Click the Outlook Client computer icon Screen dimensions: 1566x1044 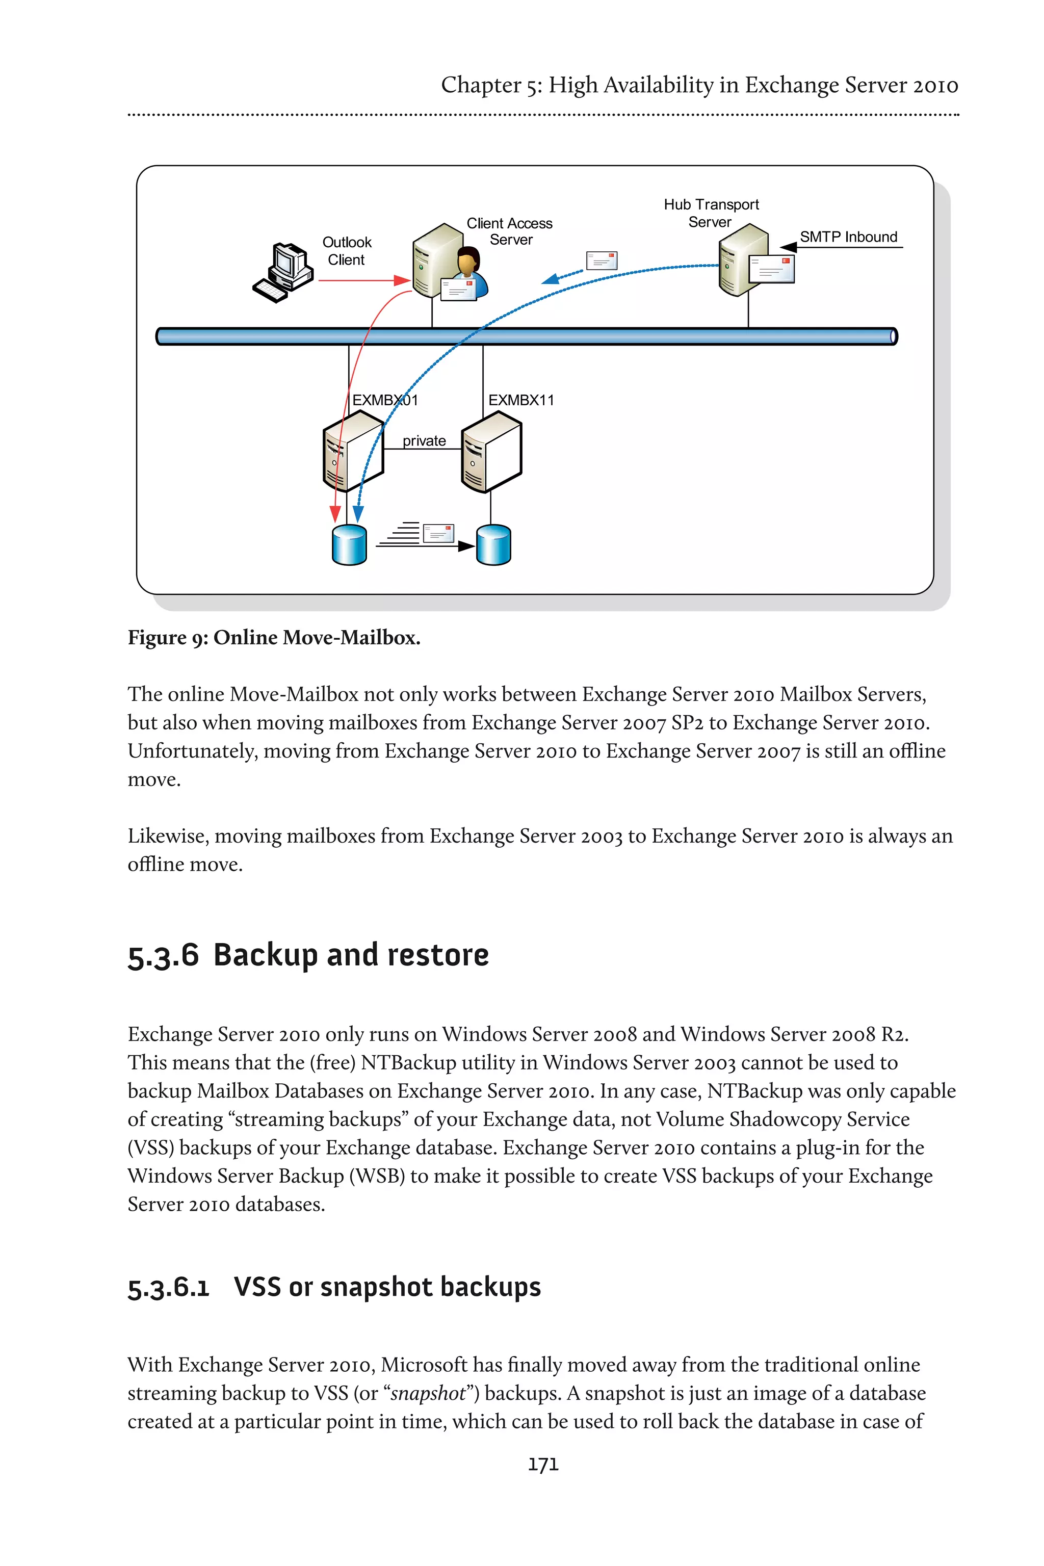[282, 273]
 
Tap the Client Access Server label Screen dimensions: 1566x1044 [509, 231]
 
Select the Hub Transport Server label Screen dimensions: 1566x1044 [711, 213]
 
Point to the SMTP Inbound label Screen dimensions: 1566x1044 [848, 237]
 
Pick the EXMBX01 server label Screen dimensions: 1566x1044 [385, 400]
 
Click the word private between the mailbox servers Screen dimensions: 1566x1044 [424, 441]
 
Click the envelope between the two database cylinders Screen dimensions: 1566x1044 [438, 533]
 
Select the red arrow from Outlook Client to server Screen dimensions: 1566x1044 [363, 281]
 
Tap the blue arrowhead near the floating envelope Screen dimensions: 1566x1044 [550, 279]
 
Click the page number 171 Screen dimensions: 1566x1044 [542, 1464]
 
